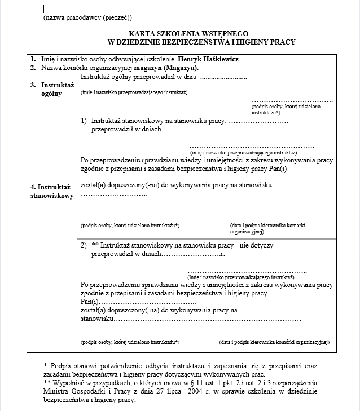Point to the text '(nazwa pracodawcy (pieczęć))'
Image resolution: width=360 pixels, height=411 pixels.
tap(84, 18)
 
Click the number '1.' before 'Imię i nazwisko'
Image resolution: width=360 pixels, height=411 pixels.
tap(33, 59)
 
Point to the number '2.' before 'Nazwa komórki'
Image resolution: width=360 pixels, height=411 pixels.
tap(33, 68)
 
